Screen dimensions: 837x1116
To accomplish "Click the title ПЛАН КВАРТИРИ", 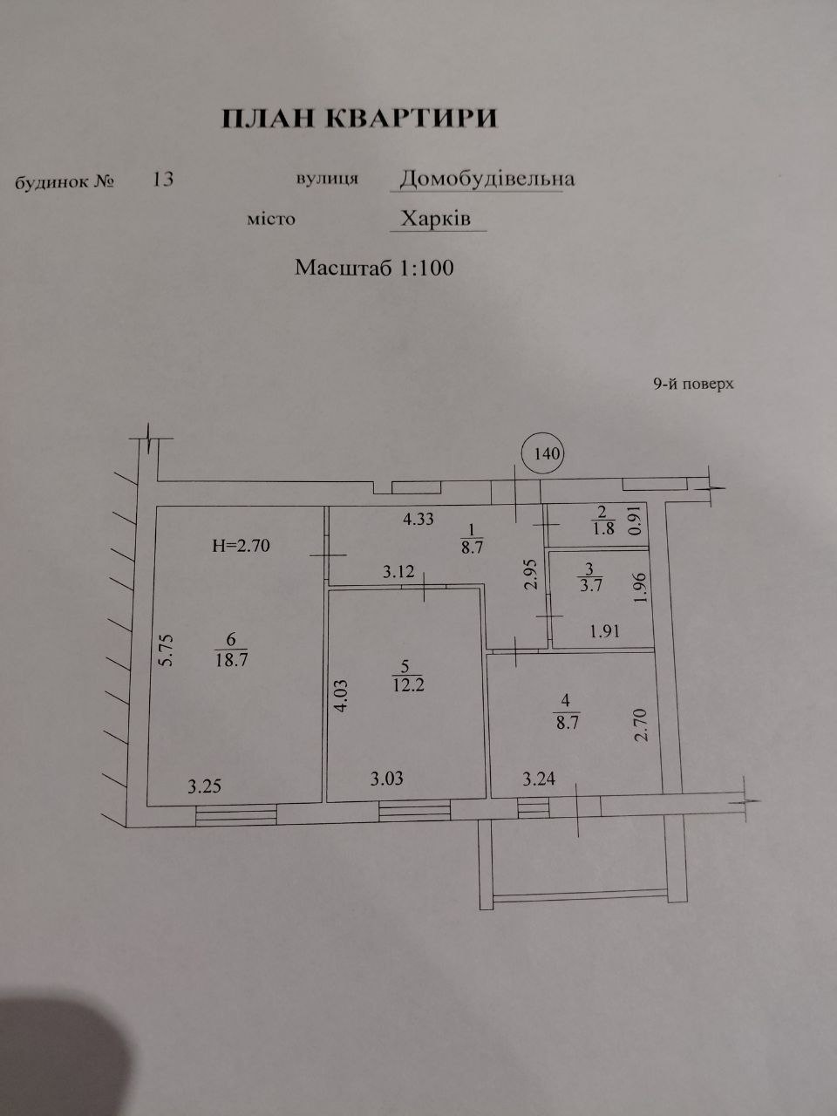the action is tap(359, 119).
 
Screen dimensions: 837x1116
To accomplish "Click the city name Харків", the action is tap(436, 218).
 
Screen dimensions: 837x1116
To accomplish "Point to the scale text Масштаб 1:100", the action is tap(374, 268).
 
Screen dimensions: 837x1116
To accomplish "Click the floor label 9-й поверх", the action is tap(693, 384).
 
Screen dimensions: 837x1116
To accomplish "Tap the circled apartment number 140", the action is tap(547, 453).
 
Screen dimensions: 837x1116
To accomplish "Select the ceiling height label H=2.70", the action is tap(241, 546).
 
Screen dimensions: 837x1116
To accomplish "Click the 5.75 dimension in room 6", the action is tap(168, 650).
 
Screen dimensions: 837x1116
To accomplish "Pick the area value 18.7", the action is tap(231, 661).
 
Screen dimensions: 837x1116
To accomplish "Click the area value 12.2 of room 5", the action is tap(408, 684).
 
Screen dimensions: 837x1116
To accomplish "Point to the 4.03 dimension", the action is tap(341, 697).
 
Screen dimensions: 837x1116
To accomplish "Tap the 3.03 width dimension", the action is tap(386, 779).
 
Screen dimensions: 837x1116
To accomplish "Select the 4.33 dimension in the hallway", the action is tap(418, 519).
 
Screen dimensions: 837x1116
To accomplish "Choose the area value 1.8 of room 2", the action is tap(602, 528).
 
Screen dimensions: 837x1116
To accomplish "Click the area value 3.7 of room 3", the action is tap(590, 585).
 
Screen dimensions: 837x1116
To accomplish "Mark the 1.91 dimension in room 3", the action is tap(604, 631).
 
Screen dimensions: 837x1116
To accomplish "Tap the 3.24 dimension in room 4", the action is tap(539, 779).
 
